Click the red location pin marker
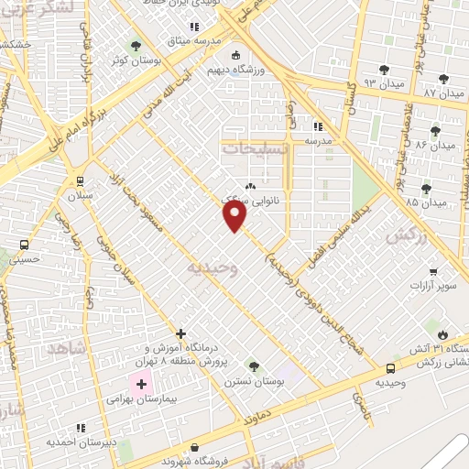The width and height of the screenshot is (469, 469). (235, 215)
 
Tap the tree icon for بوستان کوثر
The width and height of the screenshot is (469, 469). (136, 45)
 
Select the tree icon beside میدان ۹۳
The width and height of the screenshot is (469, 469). (382, 69)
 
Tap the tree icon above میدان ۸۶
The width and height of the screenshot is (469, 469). (435, 130)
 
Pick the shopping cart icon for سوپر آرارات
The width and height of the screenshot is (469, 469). (432, 271)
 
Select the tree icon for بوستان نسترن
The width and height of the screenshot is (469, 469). (254, 367)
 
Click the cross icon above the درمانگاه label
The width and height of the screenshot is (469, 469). (180, 333)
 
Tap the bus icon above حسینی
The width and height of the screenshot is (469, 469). (23, 245)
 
